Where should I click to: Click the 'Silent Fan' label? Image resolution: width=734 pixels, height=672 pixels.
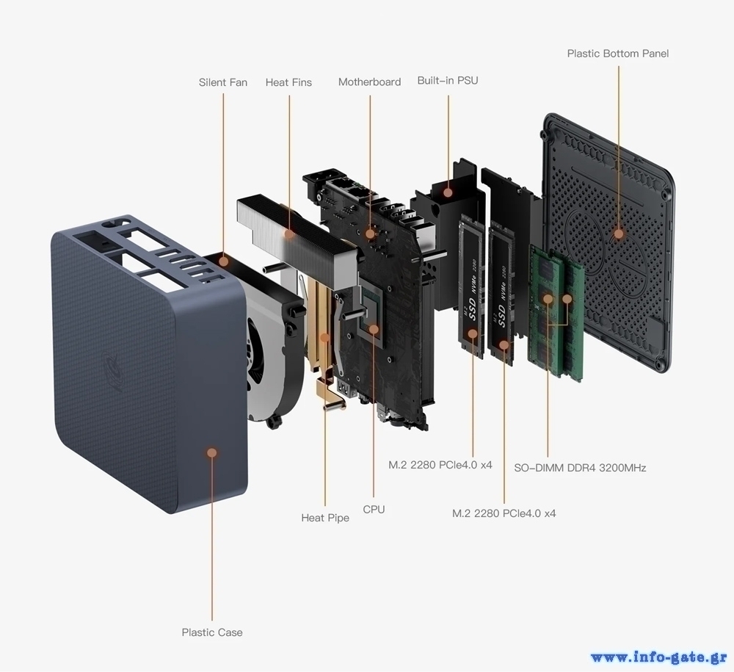pyautogui.click(x=222, y=82)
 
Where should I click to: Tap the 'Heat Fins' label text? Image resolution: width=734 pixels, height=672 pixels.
pyautogui.click(x=288, y=82)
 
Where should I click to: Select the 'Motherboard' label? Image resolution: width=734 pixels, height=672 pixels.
pyautogui.click(x=369, y=82)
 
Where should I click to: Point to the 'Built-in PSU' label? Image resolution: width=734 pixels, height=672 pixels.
pyautogui.click(x=448, y=80)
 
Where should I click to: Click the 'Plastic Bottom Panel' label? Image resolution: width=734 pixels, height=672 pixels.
pyautogui.click(x=617, y=54)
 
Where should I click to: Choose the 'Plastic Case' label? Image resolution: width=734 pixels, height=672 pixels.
pyautogui.click(x=212, y=632)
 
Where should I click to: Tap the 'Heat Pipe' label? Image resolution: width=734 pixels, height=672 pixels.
pyautogui.click(x=325, y=518)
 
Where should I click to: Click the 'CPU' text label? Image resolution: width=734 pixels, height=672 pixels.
pyautogui.click(x=374, y=509)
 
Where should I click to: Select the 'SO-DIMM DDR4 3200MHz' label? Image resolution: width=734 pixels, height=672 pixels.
pyautogui.click(x=580, y=467)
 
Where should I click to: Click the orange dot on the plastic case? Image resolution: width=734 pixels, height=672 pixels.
pyautogui.click(x=212, y=452)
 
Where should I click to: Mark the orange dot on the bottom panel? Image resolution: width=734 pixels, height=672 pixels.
pyautogui.click(x=618, y=234)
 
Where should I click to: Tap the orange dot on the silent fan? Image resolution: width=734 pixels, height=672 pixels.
pyautogui.click(x=224, y=261)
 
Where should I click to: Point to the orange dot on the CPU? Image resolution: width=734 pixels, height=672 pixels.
pyautogui.click(x=374, y=329)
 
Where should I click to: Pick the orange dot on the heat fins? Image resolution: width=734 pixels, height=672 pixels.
pyautogui.click(x=289, y=234)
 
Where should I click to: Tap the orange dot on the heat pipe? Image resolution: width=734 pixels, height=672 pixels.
pyautogui.click(x=325, y=338)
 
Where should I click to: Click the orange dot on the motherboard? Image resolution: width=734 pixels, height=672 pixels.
pyautogui.click(x=370, y=234)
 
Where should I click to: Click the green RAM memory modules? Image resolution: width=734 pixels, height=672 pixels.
pyautogui.click(x=556, y=312)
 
